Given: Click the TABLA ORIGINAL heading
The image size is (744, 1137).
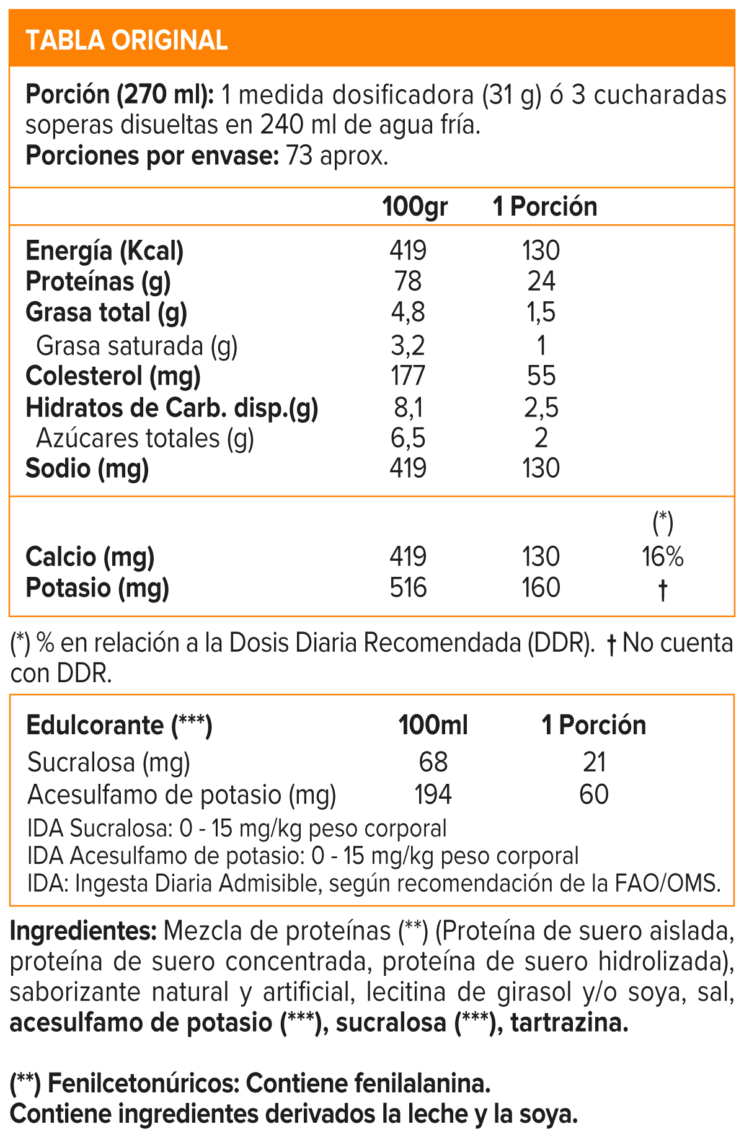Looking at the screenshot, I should tap(126, 40).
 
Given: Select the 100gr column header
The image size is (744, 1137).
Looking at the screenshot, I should tap(415, 206).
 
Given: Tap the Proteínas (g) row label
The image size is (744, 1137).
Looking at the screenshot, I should tap(98, 282).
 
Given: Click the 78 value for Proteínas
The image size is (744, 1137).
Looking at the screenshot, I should tap(408, 282).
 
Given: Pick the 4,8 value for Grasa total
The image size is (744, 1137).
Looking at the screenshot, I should tap(408, 313).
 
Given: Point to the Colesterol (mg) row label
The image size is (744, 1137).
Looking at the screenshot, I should tap(113, 376).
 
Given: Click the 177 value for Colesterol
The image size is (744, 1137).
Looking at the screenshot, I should tap(408, 376).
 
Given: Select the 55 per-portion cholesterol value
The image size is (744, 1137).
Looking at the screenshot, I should tap(541, 376).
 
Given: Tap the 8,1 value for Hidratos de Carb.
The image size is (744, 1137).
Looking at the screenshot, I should tap(408, 408).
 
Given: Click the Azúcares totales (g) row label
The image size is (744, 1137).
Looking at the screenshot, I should tap(144, 439).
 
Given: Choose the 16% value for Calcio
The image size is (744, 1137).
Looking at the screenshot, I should tap(662, 557).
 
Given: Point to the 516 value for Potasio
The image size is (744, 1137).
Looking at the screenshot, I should tap(408, 588).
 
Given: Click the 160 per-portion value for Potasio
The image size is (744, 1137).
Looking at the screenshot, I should tap(541, 588).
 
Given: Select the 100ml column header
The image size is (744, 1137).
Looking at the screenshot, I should tap(433, 725).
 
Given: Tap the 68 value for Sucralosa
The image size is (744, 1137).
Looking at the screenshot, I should tap(433, 762).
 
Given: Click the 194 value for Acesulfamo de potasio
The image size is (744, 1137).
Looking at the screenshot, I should tap(433, 794).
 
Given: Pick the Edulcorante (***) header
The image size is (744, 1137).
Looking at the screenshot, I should tap(119, 725).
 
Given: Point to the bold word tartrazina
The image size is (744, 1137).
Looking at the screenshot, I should tap(569, 1023).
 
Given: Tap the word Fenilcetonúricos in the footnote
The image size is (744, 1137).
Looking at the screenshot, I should tap(143, 1084).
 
